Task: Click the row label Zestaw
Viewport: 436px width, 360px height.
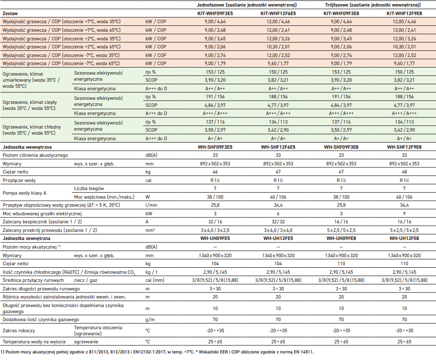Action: tap(11, 13)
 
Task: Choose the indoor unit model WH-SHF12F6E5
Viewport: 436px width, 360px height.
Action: tap(278, 147)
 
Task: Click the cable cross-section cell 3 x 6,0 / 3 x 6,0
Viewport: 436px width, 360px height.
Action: tap(278, 230)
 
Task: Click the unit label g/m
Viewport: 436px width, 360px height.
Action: tap(150, 320)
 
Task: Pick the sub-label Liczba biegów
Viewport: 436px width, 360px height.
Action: tap(89, 189)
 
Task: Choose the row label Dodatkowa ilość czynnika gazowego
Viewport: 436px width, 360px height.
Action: tap(41, 320)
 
